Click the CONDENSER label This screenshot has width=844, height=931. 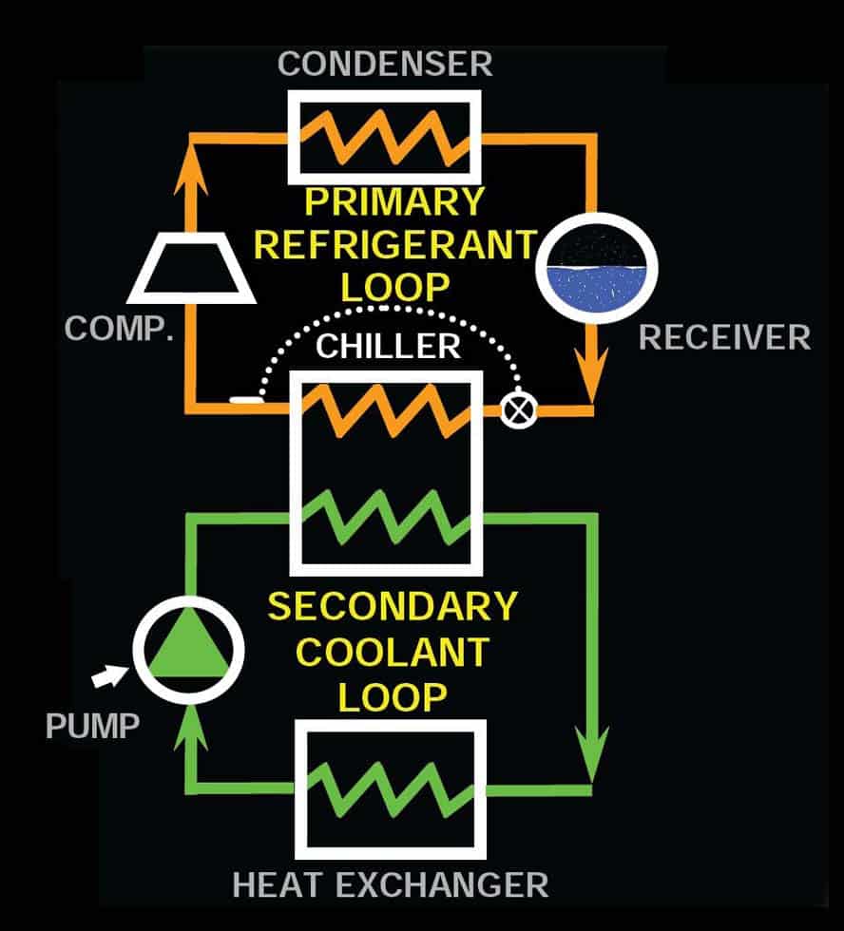click(385, 65)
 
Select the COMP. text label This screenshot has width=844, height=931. click(119, 328)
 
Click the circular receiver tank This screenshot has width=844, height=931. click(596, 268)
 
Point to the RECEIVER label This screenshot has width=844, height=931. click(724, 337)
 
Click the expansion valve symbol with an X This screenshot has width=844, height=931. click(519, 409)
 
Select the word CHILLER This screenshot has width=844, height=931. click(388, 346)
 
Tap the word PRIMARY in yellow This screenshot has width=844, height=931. click(394, 201)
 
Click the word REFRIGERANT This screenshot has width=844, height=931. click(395, 245)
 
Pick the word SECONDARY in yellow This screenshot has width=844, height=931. click(393, 606)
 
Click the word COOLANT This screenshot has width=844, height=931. click(393, 652)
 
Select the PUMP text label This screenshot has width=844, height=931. click(92, 726)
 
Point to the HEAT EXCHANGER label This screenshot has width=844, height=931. click(391, 885)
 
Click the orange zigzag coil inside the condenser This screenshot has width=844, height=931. click(385, 138)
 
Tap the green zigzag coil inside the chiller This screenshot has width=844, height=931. click(386, 517)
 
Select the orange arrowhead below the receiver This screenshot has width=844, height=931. click(591, 374)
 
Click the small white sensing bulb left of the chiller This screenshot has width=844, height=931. click(245, 400)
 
